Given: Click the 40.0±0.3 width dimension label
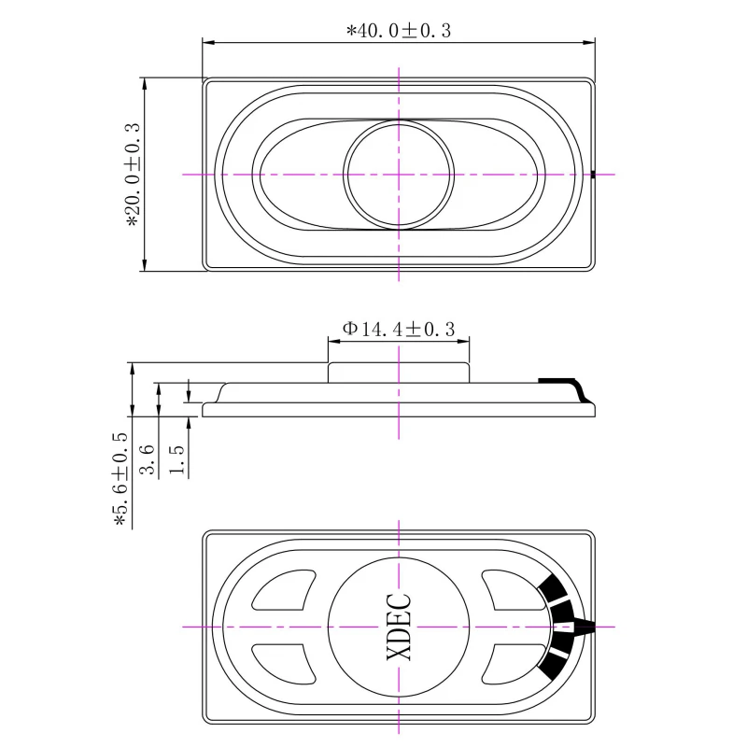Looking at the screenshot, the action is (x=399, y=31).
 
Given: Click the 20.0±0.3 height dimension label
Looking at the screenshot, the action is (x=133, y=175).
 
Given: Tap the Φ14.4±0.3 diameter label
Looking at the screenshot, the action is (x=399, y=329).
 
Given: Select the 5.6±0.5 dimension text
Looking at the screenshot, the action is (x=120, y=480).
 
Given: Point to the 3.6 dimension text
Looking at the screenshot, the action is (x=147, y=459).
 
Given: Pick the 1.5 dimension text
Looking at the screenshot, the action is (x=176, y=459).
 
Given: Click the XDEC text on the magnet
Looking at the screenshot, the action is (x=399, y=627).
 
